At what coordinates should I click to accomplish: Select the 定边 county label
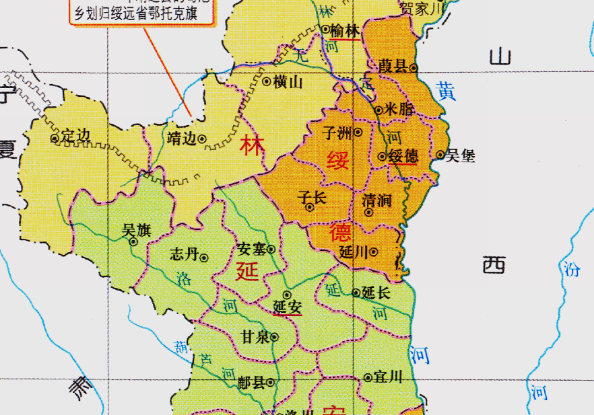[75, 137]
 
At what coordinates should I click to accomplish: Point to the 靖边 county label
[181, 139]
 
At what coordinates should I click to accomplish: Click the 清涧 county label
[376, 200]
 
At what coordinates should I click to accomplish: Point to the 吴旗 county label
[135, 231]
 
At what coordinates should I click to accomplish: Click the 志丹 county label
[184, 255]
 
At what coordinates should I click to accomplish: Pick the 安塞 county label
[252, 250]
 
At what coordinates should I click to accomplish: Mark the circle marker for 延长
[356, 293]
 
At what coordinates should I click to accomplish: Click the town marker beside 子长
[310, 207]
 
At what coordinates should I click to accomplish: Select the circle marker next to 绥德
[382, 157]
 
